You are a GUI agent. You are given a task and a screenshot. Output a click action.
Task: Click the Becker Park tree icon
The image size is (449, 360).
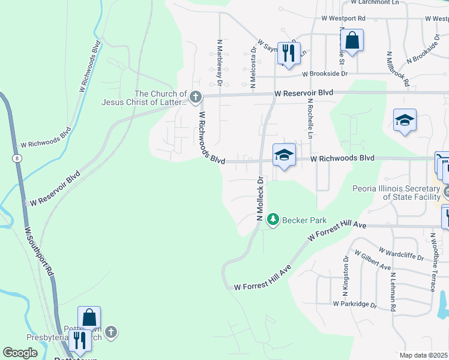coord(274,220)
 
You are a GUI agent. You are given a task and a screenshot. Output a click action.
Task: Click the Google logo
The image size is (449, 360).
coord(20,353)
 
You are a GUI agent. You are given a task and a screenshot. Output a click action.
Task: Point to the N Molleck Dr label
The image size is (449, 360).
coord(261,199)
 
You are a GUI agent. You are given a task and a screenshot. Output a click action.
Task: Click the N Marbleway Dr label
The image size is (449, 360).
coord(219,63)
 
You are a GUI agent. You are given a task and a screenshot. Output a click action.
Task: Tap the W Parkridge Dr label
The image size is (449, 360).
coord(355,304)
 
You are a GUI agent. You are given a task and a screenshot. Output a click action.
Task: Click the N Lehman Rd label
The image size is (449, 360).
coord(393,290)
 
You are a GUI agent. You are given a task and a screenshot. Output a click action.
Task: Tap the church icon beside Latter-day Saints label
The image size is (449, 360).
coord(194,97)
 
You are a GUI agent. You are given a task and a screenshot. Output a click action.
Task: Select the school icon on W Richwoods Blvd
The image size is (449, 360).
coord(284,155)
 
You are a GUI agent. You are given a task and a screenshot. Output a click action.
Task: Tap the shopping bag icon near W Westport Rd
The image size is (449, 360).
coord(353,41)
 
